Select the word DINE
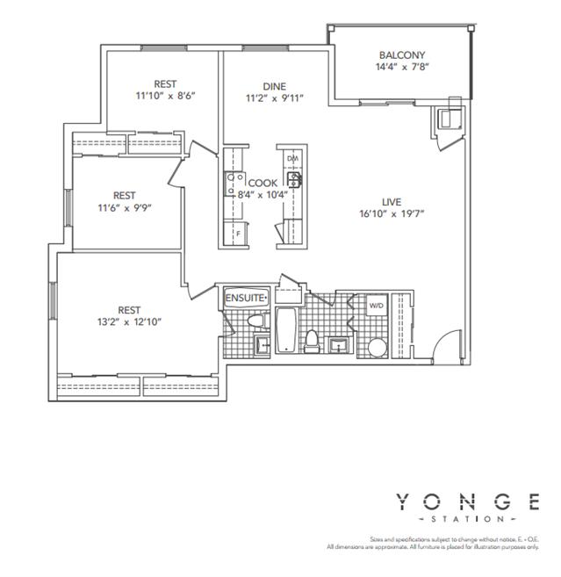[271, 85]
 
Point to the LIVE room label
[392, 199]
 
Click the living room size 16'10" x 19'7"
[392, 213]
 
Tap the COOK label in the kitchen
[263, 183]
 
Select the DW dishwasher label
[292, 158]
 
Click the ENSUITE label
[247, 298]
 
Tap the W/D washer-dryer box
[376, 306]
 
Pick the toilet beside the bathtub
[313, 339]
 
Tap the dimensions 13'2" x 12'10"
[129, 321]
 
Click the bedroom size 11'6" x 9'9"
[124, 207]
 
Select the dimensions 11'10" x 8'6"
[164, 95]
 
